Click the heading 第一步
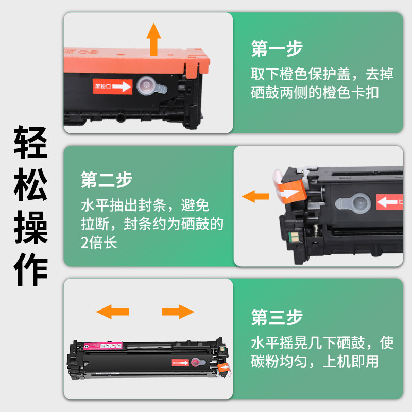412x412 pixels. click(277, 48)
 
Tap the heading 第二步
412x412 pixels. click(107, 180)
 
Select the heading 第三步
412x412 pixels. click(277, 317)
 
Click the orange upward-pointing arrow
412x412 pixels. click(153, 39)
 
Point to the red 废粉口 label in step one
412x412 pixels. click(112, 86)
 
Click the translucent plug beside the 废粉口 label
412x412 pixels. click(151, 86)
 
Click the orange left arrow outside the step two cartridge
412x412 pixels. click(255, 196)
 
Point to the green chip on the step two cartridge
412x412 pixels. click(294, 237)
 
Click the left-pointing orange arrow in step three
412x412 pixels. click(112, 312)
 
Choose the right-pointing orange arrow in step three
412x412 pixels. click(178, 312)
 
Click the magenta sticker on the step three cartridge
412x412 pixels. click(103, 346)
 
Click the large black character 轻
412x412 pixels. click(31, 142)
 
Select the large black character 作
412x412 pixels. click(31, 269)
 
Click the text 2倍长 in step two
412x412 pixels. click(99, 242)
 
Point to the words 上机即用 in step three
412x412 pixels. click(350, 362)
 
